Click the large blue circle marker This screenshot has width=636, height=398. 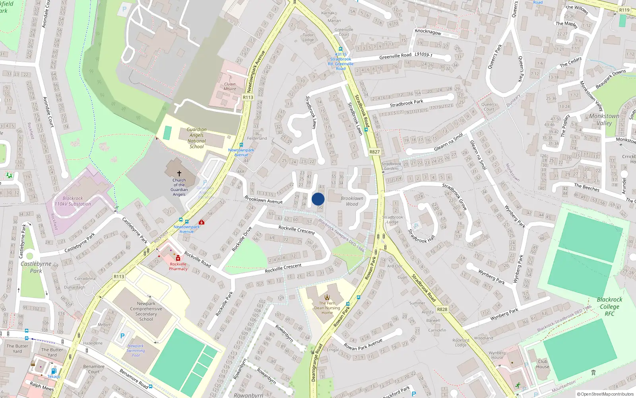(318, 199)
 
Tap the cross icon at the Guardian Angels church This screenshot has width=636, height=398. (179, 174)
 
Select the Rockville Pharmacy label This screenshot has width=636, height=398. (178, 267)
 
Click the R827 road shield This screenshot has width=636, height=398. (374, 152)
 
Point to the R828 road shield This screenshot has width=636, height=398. (442, 309)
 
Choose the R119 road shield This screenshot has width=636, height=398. (624, 10)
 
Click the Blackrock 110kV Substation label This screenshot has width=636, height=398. (73, 201)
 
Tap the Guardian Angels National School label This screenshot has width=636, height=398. (196, 138)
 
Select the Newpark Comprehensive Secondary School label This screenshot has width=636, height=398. (146, 311)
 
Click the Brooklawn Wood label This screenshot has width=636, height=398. (352, 201)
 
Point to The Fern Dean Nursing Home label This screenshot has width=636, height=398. (327, 308)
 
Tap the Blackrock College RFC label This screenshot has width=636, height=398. (609, 306)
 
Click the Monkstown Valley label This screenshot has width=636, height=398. (604, 119)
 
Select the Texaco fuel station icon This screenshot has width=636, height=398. (54, 371)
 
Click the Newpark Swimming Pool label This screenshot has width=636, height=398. (136, 351)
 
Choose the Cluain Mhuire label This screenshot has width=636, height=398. (230, 86)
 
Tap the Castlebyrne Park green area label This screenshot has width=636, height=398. (36, 267)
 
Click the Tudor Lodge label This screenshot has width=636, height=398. (308, 37)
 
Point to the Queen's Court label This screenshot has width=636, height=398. (489, 107)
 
